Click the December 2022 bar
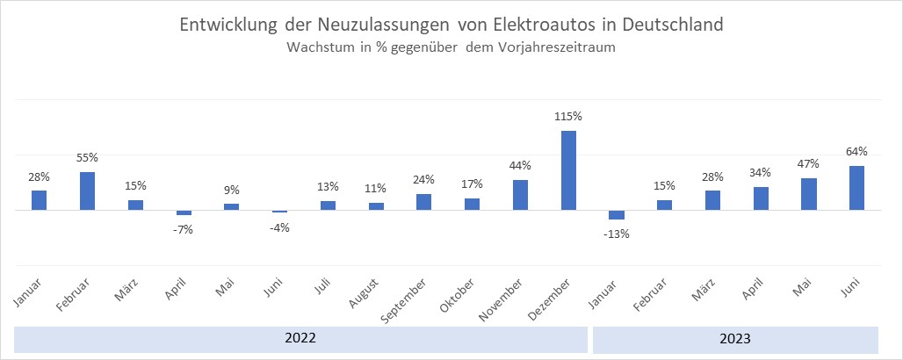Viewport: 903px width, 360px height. [568, 170]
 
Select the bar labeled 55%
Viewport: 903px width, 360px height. [87, 191]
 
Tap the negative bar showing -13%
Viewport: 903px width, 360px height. [617, 215]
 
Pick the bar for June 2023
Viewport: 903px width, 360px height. [857, 188]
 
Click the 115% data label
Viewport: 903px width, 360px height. [568, 116]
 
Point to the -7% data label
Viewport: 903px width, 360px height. [184, 230]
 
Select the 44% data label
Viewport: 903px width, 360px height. [520, 165]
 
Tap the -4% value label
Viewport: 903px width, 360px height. [279, 227]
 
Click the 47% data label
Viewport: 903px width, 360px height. [808, 163]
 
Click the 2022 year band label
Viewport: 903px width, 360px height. [300, 338]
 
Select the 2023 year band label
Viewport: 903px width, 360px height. [735, 338]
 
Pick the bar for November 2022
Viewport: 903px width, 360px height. [520, 195]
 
